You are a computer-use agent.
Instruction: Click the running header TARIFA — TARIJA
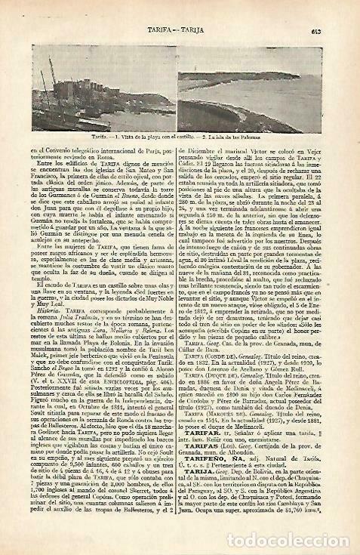pyautogui.click(x=179, y=30)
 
